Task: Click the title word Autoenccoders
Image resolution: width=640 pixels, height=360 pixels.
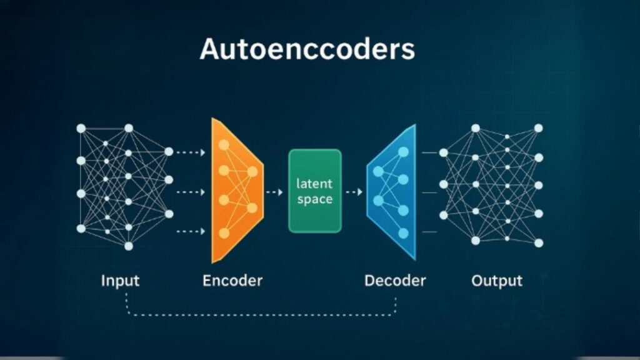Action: click(x=307, y=49)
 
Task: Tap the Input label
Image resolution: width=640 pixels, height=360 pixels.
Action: click(x=120, y=281)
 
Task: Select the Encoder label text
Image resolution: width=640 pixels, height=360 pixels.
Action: click(x=232, y=281)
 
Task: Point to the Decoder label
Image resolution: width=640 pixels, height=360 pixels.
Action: click(x=395, y=281)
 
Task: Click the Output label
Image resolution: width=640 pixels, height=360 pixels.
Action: click(x=497, y=281)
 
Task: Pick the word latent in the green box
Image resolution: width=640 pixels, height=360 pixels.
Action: click(x=315, y=184)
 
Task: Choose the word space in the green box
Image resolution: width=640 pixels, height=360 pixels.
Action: click(x=315, y=200)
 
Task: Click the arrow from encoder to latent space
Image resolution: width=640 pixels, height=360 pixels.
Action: click(x=274, y=192)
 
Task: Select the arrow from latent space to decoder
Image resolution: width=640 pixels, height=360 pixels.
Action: click(x=354, y=192)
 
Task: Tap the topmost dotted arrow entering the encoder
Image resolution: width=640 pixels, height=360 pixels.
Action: click(x=191, y=152)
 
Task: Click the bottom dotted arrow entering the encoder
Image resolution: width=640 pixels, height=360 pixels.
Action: click(x=191, y=232)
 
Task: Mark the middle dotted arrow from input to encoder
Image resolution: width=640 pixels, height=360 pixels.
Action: click(x=191, y=192)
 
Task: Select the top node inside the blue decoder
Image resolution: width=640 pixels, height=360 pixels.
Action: click(x=403, y=151)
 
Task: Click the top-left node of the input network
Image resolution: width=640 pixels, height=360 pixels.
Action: click(x=81, y=128)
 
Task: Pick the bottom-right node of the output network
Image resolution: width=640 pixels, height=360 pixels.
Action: click(x=539, y=242)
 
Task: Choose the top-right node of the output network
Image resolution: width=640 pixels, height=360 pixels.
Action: click(x=538, y=127)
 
